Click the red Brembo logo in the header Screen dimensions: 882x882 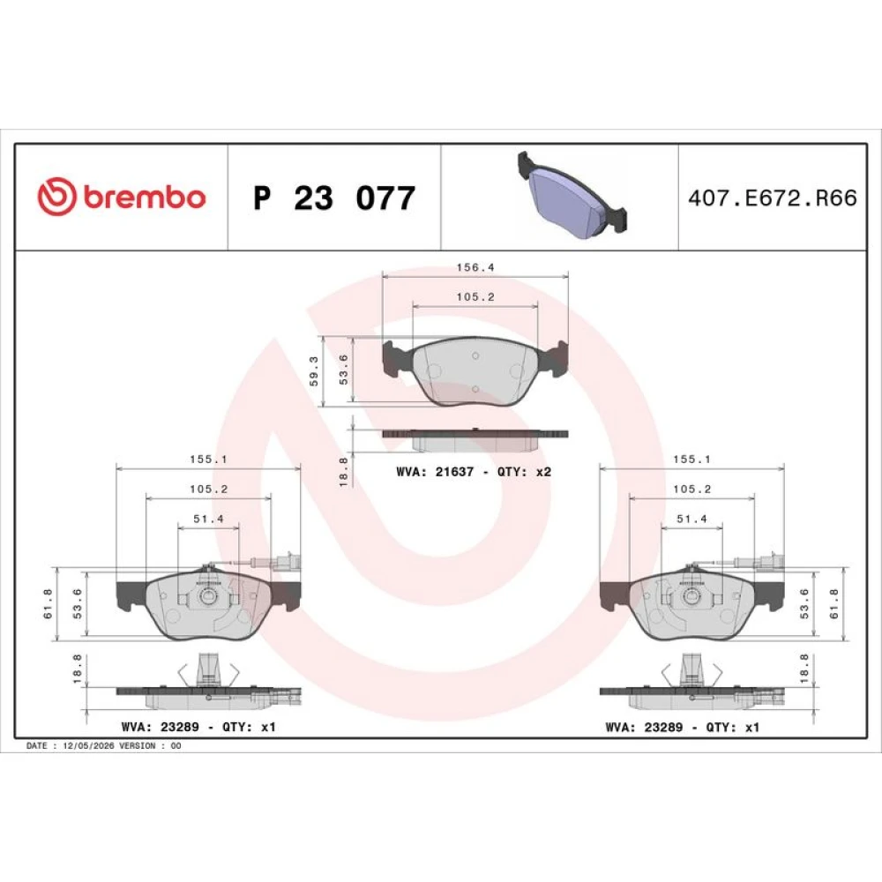point(122,197)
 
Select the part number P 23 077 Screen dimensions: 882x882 point(334,198)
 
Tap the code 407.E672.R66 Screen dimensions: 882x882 point(773,198)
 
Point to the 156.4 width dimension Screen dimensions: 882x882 point(475,267)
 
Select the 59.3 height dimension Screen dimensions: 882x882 point(314,370)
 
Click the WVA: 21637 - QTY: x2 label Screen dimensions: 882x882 point(474,472)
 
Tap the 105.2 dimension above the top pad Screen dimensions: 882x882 point(475,297)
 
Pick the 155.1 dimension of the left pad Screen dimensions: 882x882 point(209,459)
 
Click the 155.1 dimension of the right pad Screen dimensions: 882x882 point(691,459)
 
